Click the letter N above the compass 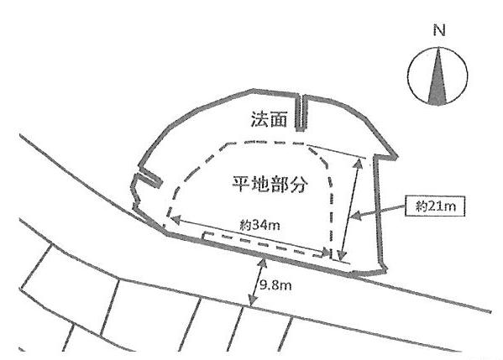(x=439, y=30)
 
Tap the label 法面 (x=269, y=119)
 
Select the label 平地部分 (x=270, y=184)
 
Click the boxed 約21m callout (x=435, y=206)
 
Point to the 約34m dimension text (x=259, y=225)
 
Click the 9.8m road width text (x=275, y=284)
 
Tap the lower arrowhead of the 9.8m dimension (x=253, y=300)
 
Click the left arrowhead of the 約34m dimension (x=176, y=220)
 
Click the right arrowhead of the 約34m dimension (x=327, y=252)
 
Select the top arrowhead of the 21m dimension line (x=359, y=163)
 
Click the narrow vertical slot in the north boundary (x=301, y=112)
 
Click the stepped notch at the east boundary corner (x=385, y=156)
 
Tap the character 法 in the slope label (x=259, y=119)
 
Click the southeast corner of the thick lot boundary (x=385, y=271)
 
